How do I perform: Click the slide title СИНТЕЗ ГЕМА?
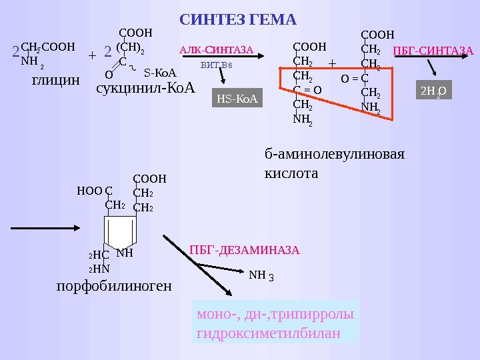point(238,21)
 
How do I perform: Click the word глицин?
point(55,81)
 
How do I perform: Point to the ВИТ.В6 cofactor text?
point(216,65)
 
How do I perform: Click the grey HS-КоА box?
point(237,99)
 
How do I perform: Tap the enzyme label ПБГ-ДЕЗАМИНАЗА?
point(245,251)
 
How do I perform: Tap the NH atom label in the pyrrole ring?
point(125,253)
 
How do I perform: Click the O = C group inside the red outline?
point(355,79)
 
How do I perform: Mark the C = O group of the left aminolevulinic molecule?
point(307,89)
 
